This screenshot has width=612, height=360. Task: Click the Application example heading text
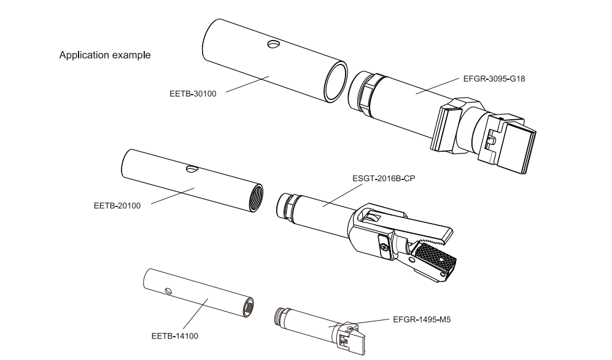104,55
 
